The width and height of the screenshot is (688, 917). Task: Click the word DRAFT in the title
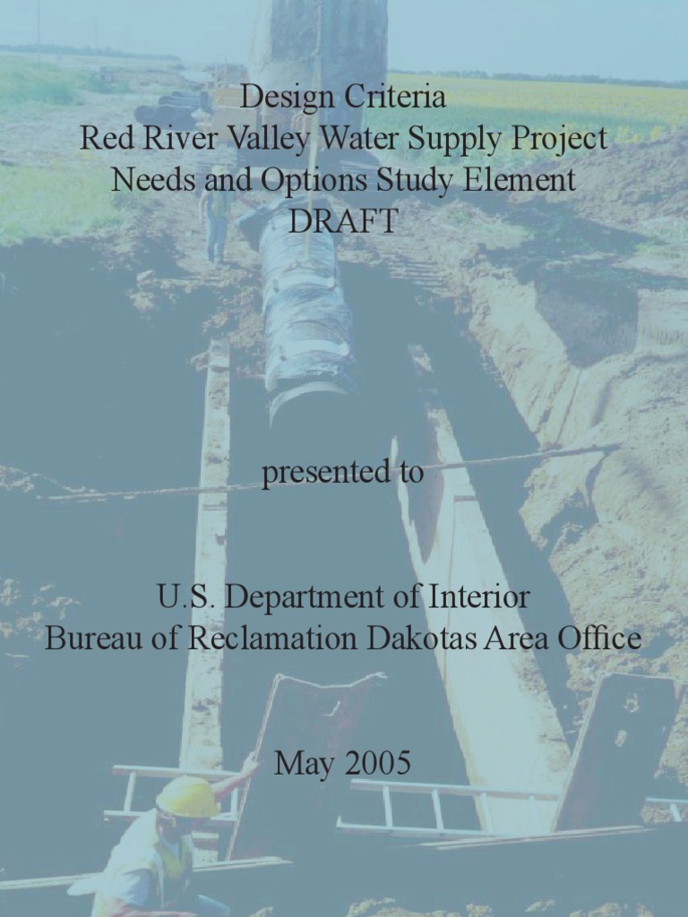coord(343,221)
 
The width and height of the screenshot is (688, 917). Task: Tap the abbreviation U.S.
coord(185,596)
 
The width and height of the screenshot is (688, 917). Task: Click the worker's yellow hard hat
coord(187,796)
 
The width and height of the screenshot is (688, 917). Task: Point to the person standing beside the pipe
coord(216,224)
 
